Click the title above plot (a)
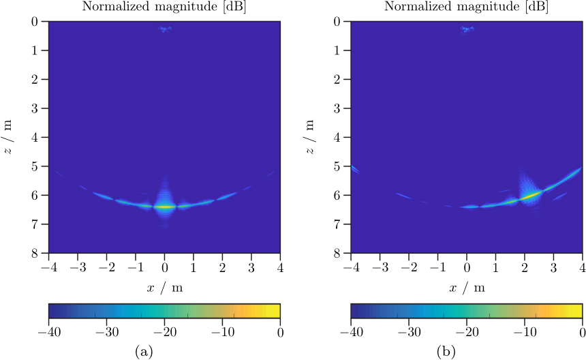164,7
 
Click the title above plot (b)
466,7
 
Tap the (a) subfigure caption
144,351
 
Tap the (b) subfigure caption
446,351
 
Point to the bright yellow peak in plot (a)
164,207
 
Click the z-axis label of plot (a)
9,137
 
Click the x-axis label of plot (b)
466,288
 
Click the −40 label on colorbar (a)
47,332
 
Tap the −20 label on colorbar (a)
164,332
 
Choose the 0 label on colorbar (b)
581,332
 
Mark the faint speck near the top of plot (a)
164,29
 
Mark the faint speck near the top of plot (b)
466,29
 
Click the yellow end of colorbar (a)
275,312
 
